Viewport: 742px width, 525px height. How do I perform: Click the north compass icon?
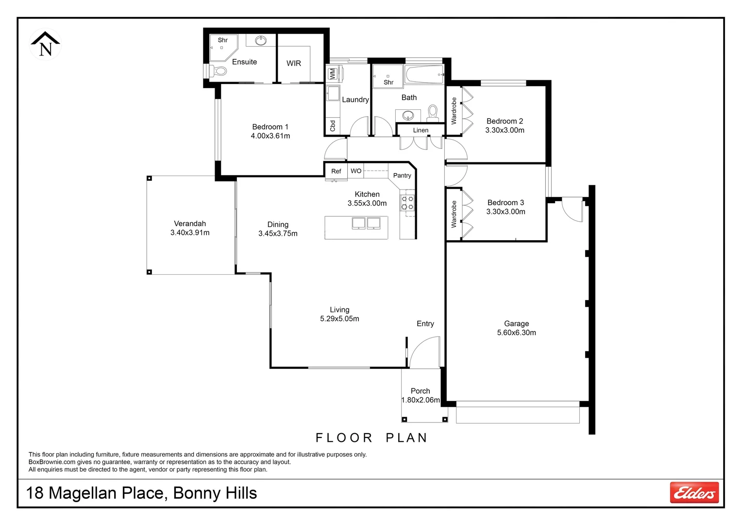(x=45, y=44)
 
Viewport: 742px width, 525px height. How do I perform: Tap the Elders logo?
(x=694, y=492)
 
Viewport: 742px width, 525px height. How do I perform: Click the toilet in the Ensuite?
(x=219, y=71)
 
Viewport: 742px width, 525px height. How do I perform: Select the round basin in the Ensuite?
(x=261, y=40)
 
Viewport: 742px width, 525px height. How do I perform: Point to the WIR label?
(x=294, y=63)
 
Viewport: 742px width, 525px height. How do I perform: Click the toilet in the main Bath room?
(x=433, y=114)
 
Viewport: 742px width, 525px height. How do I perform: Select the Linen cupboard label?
(x=421, y=130)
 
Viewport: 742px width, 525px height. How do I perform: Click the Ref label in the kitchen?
(x=336, y=171)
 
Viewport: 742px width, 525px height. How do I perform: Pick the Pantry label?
(x=402, y=175)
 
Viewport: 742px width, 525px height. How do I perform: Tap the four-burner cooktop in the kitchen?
(x=407, y=203)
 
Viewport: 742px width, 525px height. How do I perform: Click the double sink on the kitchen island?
(x=366, y=223)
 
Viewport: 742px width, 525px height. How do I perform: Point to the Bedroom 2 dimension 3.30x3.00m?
(x=505, y=130)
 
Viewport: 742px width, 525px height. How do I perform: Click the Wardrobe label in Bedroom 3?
(x=454, y=214)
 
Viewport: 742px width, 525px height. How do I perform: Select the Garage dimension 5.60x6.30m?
(x=516, y=333)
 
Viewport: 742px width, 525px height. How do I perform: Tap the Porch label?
(x=420, y=391)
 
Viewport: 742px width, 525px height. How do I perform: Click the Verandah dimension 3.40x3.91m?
(x=190, y=233)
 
